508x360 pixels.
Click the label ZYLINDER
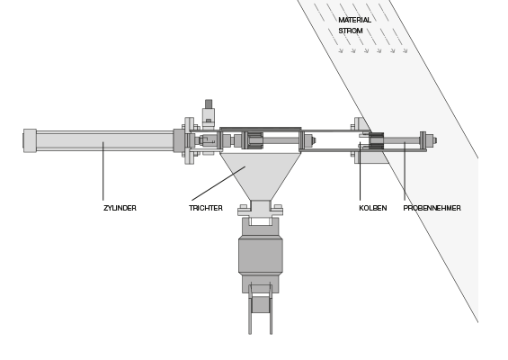[x=120, y=208]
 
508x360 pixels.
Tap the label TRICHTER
[x=206, y=208]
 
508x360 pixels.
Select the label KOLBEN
[x=373, y=208]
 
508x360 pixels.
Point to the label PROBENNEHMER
[x=432, y=208]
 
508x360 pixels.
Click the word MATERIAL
[x=355, y=20]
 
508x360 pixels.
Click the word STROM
[x=351, y=31]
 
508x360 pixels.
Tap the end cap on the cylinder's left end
[x=30, y=140]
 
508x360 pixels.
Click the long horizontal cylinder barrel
[x=105, y=140]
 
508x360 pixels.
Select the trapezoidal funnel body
[x=260, y=176]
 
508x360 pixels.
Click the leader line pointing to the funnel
[x=218, y=184]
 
